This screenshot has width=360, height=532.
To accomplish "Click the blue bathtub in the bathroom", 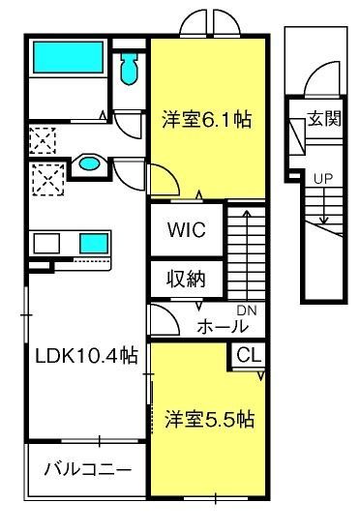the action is pyautogui.click(x=68, y=57).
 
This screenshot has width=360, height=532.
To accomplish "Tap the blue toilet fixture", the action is pyautogui.click(x=129, y=69).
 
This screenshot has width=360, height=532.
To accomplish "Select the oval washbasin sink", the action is pyautogui.click(x=89, y=163).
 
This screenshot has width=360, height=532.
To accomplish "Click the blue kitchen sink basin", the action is pyautogui.click(x=94, y=243).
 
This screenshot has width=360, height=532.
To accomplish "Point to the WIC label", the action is pyautogui.click(x=187, y=229).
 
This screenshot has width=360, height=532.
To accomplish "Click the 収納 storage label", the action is pyautogui.click(x=186, y=280).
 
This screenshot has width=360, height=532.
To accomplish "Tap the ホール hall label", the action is pyautogui.click(x=223, y=326).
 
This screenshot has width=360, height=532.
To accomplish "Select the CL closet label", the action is pyautogui.click(x=249, y=356).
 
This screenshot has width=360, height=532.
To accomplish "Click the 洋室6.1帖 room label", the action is pyautogui.click(x=207, y=119).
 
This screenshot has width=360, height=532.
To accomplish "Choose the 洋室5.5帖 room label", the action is pyautogui.click(x=210, y=419).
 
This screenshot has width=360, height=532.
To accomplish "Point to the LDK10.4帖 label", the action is pyautogui.click(x=86, y=356).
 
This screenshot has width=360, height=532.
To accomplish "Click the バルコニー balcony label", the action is pyautogui.click(x=87, y=469).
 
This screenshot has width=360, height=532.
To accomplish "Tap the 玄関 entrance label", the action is pyautogui.click(x=324, y=119).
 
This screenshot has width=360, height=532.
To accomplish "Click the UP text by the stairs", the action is pyautogui.click(x=323, y=179).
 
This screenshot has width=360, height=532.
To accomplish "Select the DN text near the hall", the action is pyautogui.click(x=247, y=310).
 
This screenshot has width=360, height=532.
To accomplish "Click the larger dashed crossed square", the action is pyautogui.click(x=48, y=179).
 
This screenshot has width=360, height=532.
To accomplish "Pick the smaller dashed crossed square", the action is pyautogui.click(x=42, y=140).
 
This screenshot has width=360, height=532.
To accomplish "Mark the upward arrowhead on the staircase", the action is pyautogui.click(x=247, y=214).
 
